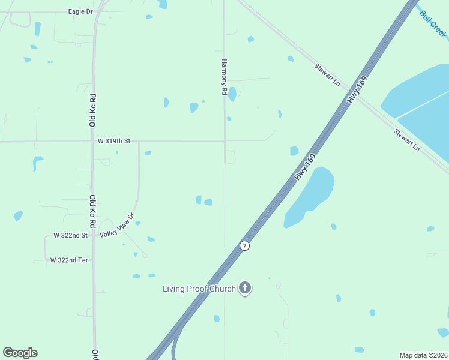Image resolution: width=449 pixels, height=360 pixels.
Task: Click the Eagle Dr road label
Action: [x=81, y=11]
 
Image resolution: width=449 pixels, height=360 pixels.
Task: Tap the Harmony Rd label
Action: [x=224, y=77]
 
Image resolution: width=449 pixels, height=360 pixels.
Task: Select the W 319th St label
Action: [x=114, y=141]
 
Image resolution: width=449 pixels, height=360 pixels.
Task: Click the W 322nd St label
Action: [x=70, y=236]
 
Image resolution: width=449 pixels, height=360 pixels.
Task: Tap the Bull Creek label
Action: [x=433, y=25]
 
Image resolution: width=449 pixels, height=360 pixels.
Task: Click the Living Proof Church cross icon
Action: [x=244, y=289]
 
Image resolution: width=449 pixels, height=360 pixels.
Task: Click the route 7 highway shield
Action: [x=244, y=246]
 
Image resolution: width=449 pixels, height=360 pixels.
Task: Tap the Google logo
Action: [x=20, y=353]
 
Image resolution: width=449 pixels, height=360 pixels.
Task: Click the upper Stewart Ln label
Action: [x=327, y=74]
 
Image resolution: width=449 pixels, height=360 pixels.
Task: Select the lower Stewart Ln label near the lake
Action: [x=407, y=140]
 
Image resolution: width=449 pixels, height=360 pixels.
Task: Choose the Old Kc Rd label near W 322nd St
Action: [x=93, y=211]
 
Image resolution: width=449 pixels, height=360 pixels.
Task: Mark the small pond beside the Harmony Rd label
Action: [x=232, y=94]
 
